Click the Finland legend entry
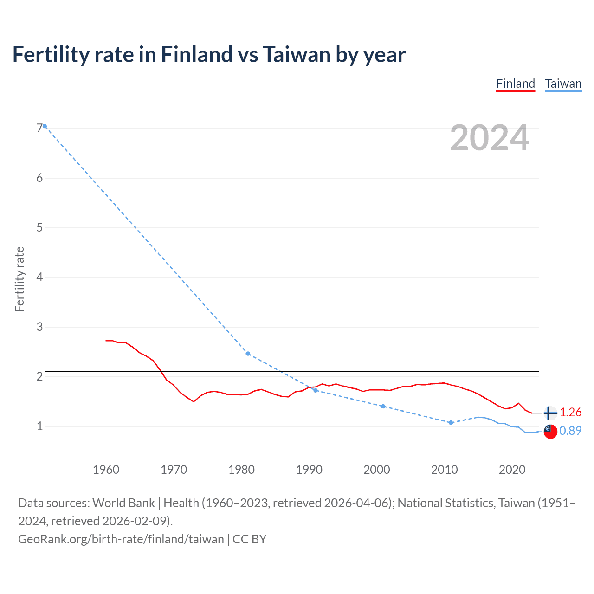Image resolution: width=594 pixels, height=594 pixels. (516, 84)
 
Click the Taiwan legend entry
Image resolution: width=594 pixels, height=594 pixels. (563, 84)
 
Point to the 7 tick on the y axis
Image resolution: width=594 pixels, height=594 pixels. (39, 128)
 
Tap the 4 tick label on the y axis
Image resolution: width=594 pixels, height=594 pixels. (39, 278)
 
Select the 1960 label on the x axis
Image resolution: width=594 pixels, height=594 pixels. (106, 470)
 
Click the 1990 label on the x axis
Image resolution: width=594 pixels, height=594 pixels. (309, 470)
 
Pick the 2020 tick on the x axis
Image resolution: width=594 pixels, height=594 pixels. (512, 470)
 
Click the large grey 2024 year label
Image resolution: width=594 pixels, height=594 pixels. (490, 138)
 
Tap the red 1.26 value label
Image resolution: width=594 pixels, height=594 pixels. (570, 412)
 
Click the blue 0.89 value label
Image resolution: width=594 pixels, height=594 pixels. (570, 431)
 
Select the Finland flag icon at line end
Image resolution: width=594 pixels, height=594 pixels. (550, 413)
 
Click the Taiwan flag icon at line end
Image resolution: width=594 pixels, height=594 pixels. (550, 431)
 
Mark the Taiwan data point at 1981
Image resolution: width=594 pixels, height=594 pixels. (248, 354)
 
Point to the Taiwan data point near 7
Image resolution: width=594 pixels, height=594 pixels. (45, 126)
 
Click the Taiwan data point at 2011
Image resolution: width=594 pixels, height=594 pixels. (451, 423)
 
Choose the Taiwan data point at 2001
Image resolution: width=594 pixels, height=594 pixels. (383, 406)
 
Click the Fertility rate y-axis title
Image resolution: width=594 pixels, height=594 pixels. (19, 279)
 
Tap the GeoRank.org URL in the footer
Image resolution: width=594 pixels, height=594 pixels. (121, 539)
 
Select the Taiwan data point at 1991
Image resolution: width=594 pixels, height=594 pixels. (316, 390)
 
